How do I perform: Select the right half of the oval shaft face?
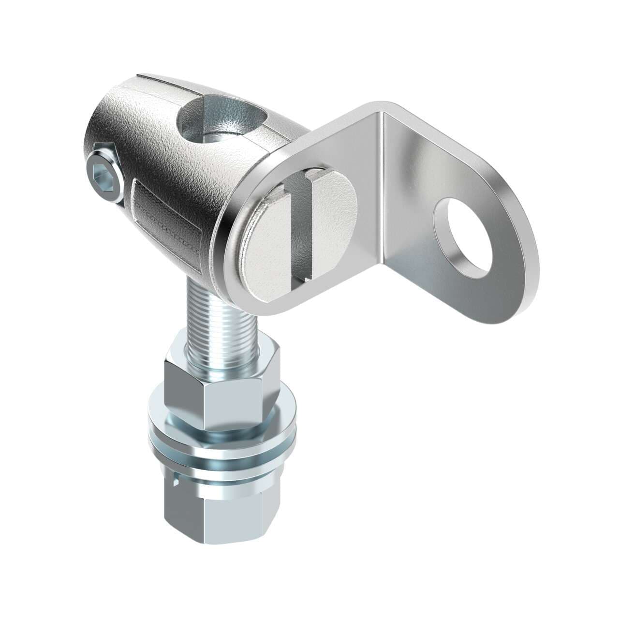334,218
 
